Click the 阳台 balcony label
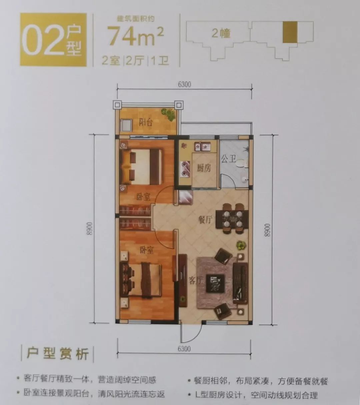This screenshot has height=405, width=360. [145, 122]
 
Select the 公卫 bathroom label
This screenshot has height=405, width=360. [228, 159]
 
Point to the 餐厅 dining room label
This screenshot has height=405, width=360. [205, 219]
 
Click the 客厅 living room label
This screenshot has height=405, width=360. [196, 280]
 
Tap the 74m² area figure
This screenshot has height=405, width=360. [135, 36]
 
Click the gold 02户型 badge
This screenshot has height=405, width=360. [53, 40]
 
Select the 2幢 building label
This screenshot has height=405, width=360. [221, 33]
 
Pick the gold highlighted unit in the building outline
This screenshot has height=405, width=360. [290, 32]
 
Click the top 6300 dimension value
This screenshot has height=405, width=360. [184, 84]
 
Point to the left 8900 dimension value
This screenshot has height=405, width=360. [89, 229]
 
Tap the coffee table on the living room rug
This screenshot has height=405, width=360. [215, 283]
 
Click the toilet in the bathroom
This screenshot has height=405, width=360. [244, 164]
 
